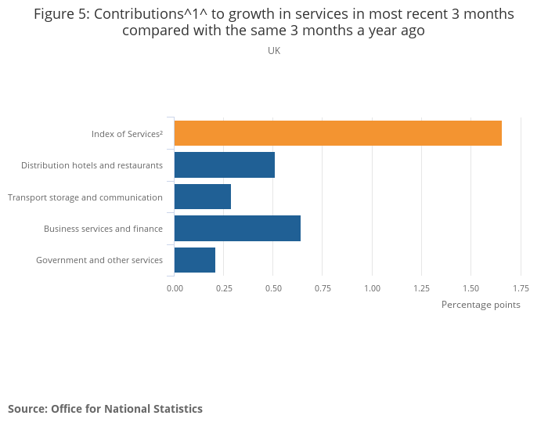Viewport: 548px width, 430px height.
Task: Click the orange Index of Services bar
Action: pyautogui.click(x=337, y=133)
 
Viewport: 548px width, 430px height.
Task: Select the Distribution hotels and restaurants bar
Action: pyautogui.click(x=224, y=165)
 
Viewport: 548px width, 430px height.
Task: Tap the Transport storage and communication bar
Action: pyautogui.click(x=202, y=197)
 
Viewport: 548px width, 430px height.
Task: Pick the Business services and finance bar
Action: pyautogui.click(x=237, y=228)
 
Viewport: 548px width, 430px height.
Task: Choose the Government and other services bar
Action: pyautogui.click(x=194, y=260)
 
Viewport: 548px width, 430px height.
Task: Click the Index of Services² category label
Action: pyautogui.click(x=127, y=134)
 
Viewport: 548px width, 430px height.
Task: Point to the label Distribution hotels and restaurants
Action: pyautogui.click(x=92, y=165)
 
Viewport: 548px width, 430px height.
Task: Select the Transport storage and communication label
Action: pyautogui.click(x=85, y=197)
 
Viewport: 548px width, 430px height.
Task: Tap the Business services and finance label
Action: pyautogui.click(x=103, y=229)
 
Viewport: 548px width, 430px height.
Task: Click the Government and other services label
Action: pyautogui.click(x=99, y=260)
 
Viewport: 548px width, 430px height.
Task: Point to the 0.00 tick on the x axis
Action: pyautogui.click(x=175, y=288)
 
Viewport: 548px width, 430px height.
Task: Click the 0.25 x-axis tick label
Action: pyautogui.click(x=224, y=288)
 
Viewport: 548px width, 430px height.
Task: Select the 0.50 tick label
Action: pyautogui.click(x=273, y=288)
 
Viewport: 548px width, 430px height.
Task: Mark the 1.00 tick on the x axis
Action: pyautogui.click(x=372, y=288)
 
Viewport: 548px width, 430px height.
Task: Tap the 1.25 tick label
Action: pyautogui.click(x=421, y=288)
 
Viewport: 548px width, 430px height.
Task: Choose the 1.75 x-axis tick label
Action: pyautogui.click(x=520, y=288)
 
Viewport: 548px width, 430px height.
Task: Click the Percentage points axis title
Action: pyautogui.click(x=481, y=305)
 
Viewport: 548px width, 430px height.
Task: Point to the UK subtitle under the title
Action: pyautogui.click(x=274, y=51)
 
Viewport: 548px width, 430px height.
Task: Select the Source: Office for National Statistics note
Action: pyautogui.click(x=105, y=409)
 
